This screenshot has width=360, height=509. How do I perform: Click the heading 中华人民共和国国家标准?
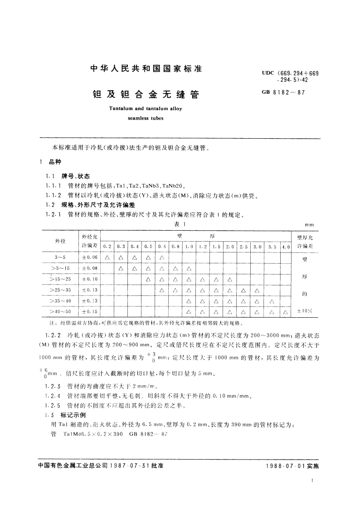tap(146, 69)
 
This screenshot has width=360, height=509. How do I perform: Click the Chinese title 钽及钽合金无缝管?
tap(146, 95)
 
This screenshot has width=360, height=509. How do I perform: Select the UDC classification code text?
tap(290, 76)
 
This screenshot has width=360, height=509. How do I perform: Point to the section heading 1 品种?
tap(51, 162)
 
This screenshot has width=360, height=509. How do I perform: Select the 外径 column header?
tap(60, 241)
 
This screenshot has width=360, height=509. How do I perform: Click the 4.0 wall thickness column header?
tap(285, 246)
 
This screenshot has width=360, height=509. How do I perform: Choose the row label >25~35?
tap(60, 290)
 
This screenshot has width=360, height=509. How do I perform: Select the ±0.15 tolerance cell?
tap(89, 311)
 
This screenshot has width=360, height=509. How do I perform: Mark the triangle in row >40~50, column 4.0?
tap(285, 312)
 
